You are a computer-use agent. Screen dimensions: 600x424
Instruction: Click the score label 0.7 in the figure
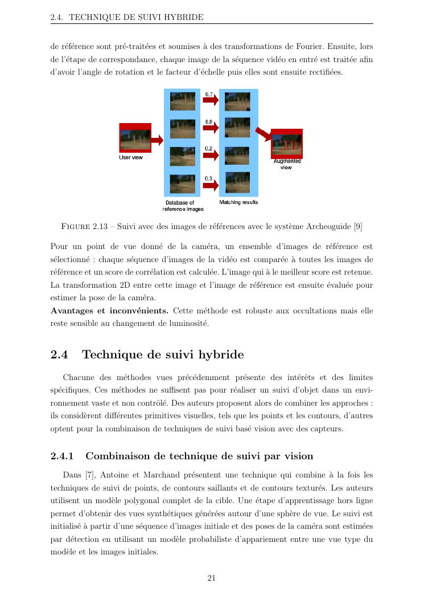(209, 93)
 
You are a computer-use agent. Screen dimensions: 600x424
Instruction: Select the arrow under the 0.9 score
(211, 128)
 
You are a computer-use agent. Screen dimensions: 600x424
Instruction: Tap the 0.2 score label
(209, 148)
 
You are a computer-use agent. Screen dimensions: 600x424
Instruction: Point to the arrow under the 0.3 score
(211, 185)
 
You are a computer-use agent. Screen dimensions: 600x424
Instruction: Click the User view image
(135, 138)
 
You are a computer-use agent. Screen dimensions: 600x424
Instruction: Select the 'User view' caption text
(131, 157)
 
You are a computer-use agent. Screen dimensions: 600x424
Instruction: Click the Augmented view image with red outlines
(286, 143)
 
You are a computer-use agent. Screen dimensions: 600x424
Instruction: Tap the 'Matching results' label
(238, 202)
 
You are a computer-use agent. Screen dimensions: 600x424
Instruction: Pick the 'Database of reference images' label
(183, 206)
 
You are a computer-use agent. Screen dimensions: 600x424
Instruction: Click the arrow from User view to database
(157, 140)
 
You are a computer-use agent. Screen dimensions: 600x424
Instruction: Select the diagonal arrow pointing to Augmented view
(263, 133)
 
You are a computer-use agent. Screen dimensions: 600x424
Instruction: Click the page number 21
(211, 578)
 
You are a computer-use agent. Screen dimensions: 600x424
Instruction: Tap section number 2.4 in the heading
(59, 355)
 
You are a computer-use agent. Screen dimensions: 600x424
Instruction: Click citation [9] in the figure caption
(357, 226)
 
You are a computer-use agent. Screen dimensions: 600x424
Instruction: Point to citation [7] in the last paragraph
(89, 474)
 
